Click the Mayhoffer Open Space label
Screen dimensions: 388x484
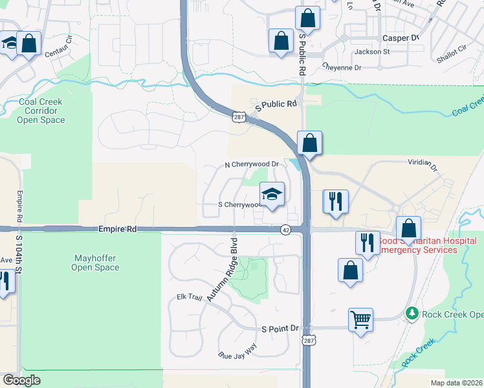coord(95,263)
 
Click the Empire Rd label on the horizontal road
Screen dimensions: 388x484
coord(118,229)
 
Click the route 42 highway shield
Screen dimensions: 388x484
coord(285,230)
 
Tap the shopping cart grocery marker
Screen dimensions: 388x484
coord(360,318)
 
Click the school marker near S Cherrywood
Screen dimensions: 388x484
coord(272,194)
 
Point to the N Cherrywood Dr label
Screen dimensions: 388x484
coord(251,164)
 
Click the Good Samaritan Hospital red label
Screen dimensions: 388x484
coord(426,244)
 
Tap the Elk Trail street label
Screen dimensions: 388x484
coord(190,297)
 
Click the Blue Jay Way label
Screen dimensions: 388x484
coord(237,355)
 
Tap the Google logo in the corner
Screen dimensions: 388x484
coord(22,380)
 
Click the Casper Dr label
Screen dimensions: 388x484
coord(401,38)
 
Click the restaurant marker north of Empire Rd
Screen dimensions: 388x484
coord(335,200)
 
